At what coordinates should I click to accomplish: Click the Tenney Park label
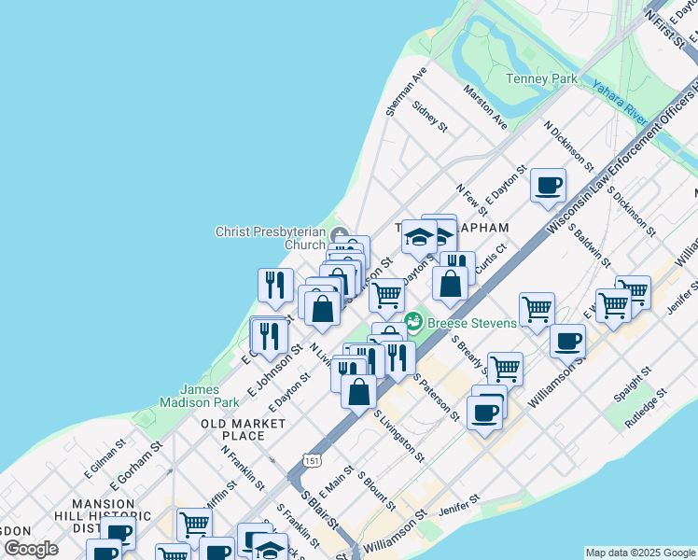(x=541, y=79)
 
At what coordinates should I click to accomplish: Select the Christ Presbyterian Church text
(x=271, y=238)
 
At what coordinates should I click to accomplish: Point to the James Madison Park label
(x=201, y=397)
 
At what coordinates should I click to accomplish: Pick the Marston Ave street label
(x=486, y=108)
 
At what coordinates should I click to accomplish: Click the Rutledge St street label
(x=647, y=409)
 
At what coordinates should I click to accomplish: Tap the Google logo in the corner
(x=32, y=550)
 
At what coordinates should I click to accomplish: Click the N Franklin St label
(x=244, y=467)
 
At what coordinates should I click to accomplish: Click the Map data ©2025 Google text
(x=640, y=553)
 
